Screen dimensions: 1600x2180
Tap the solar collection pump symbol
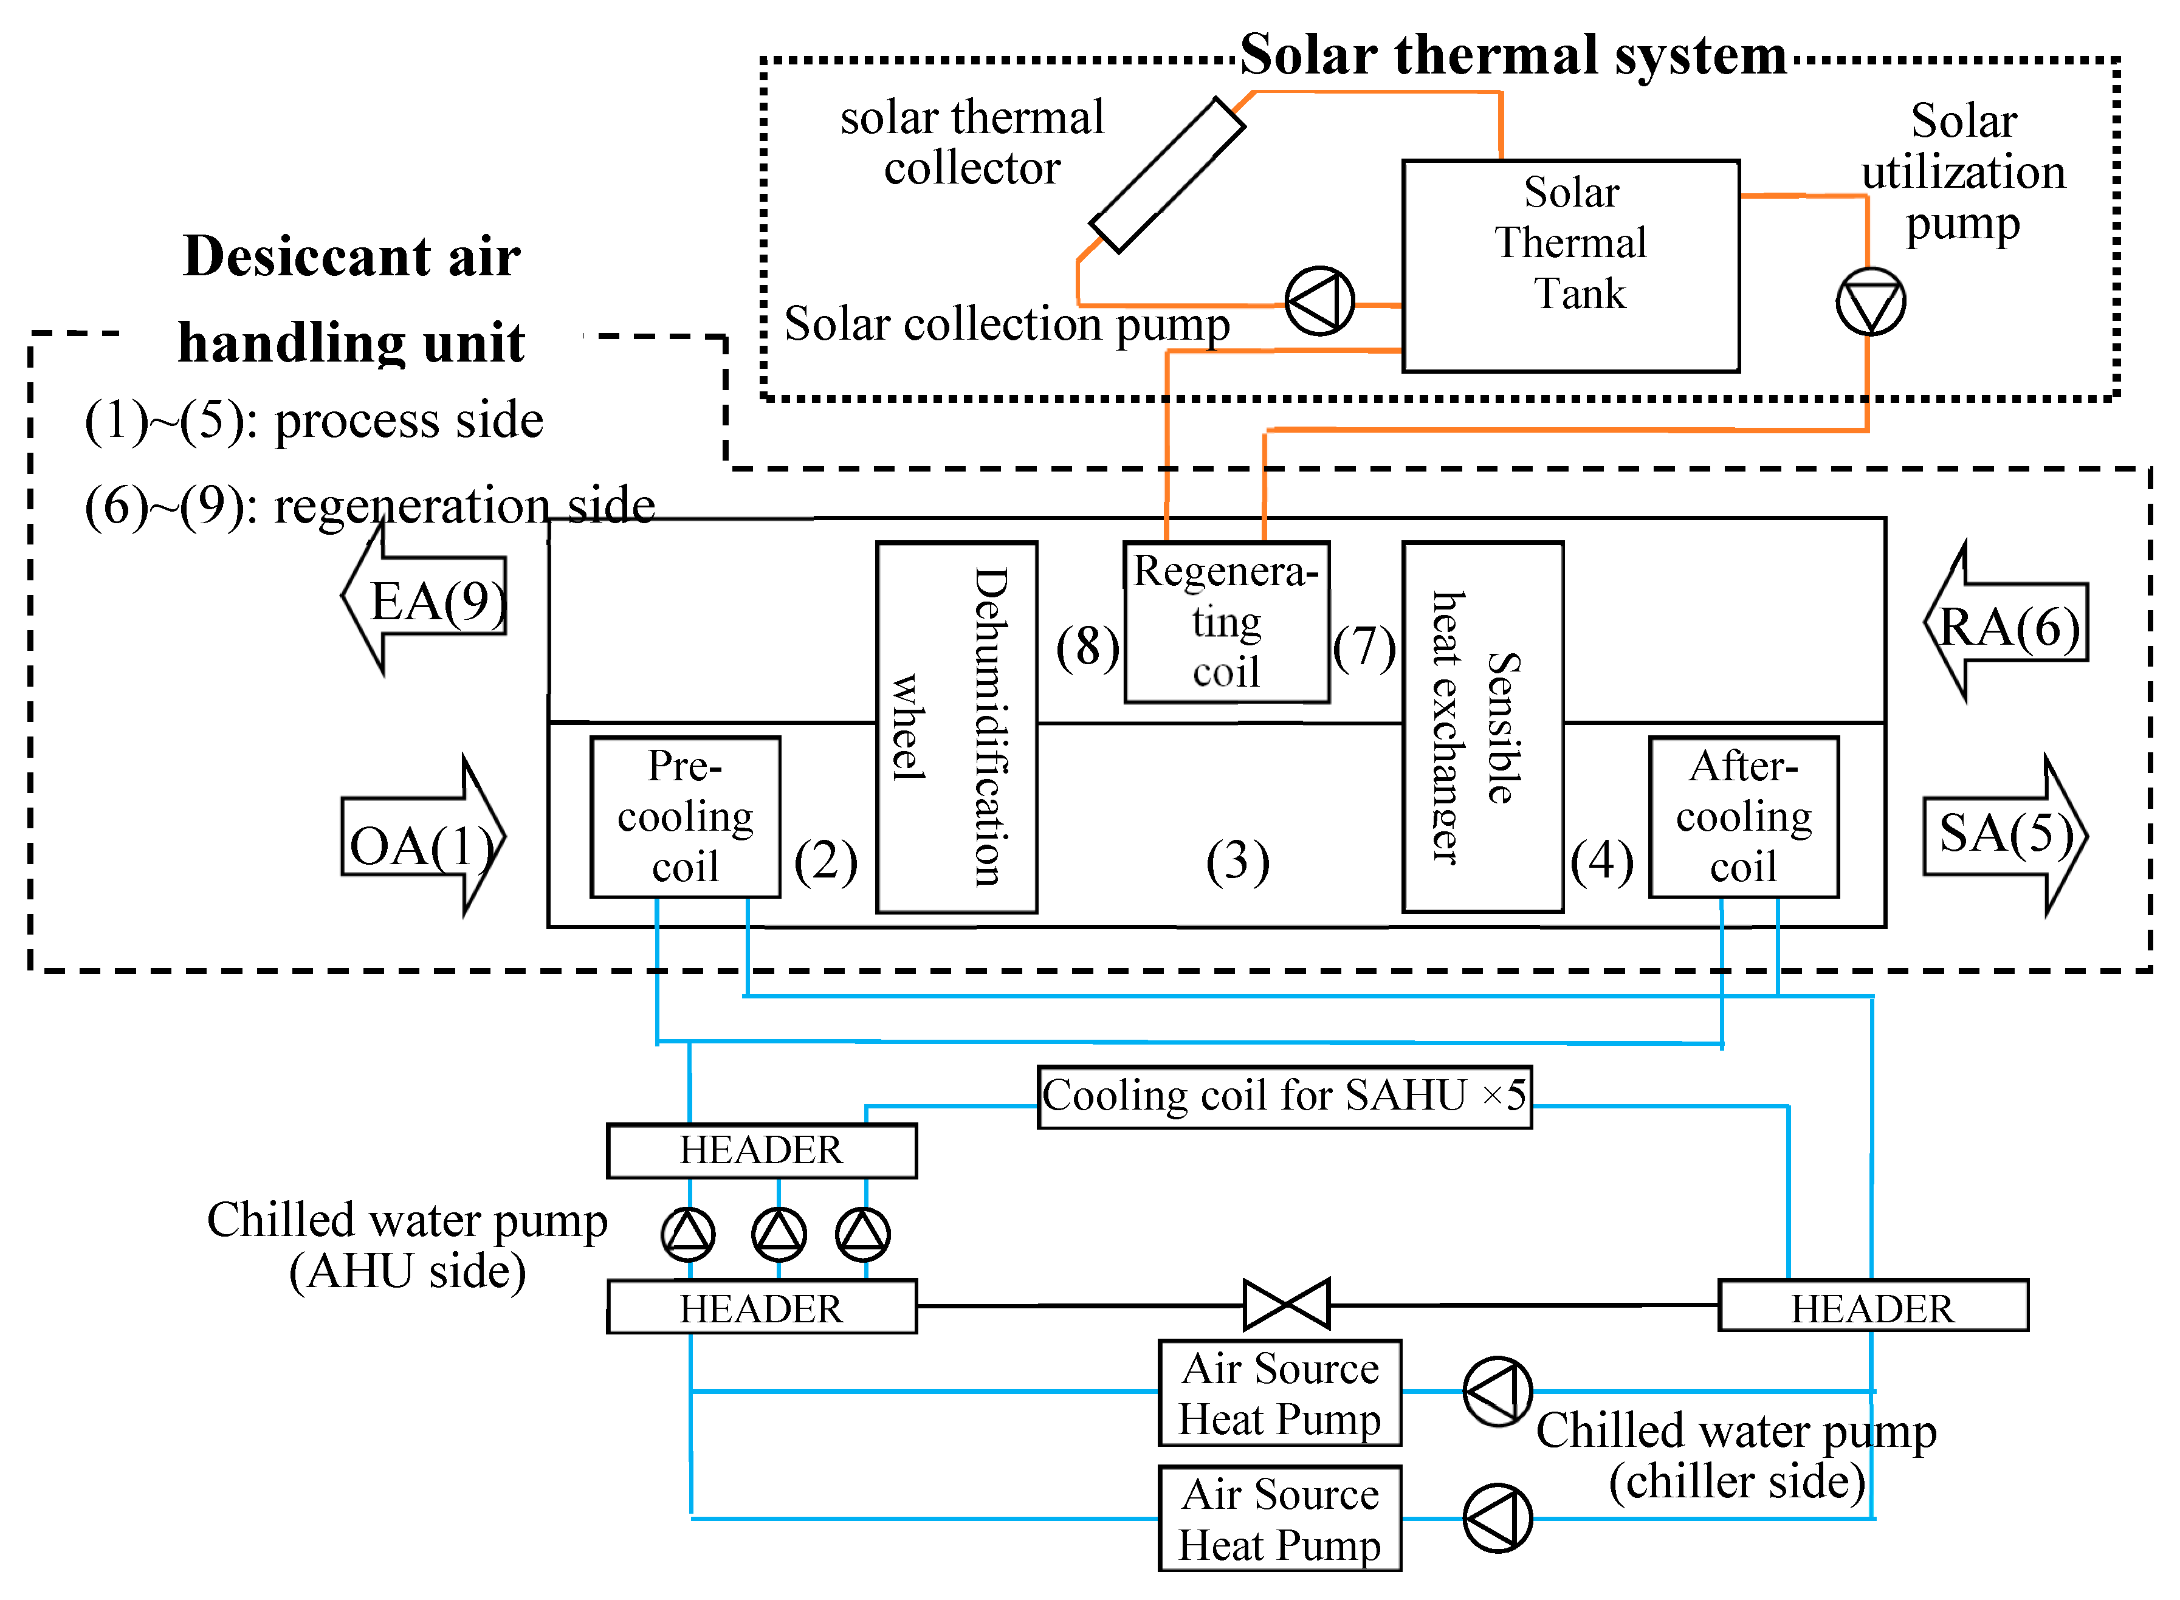pyautogui.click(x=1319, y=301)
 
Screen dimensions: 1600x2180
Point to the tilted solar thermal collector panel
pyautogui.click(x=1167, y=175)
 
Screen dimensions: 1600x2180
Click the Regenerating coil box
pyautogui.click(x=1226, y=622)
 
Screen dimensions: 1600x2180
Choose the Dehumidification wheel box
pyautogui.click(x=956, y=726)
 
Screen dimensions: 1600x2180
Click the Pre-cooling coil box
pyautogui.click(x=685, y=817)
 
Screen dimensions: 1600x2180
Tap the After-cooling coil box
pyautogui.click(x=1743, y=817)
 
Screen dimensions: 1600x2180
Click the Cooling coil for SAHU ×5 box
pyautogui.click(x=1284, y=1096)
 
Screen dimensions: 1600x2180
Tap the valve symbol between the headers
pyautogui.click(x=1286, y=1305)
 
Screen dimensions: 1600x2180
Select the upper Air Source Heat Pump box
pyautogui.click(x=1279, y=1393)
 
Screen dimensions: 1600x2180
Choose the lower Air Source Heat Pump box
pyautogui.click(x=1279, y=1518)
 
